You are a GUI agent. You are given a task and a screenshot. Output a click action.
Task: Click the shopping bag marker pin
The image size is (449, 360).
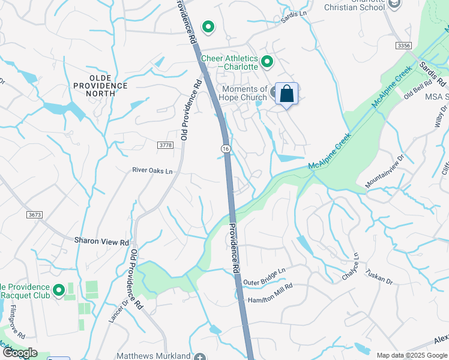pos(286,94)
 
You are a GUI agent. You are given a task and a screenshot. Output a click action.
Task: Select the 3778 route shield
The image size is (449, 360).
pos(166,145)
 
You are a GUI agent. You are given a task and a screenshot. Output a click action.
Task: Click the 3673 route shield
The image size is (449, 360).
pos(35,214)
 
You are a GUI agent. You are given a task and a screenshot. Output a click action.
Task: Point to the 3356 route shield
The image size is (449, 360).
pos(404,46)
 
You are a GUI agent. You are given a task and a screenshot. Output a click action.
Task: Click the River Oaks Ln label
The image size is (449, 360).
pos(152,171)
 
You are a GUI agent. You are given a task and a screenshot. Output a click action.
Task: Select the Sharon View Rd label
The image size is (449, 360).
pos(101,241)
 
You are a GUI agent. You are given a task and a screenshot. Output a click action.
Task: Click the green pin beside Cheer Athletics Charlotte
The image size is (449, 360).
pos(267,61)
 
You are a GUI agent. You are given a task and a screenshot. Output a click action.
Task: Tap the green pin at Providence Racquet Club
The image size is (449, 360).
pos(59,291)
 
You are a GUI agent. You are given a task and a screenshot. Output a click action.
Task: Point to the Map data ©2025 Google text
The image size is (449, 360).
pos(412,355)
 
